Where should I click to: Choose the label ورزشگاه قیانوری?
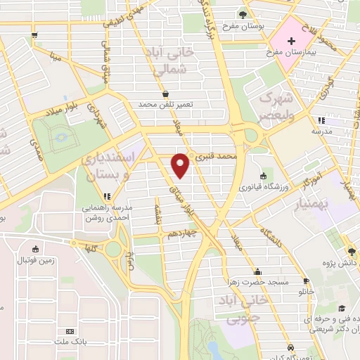pos(264,186)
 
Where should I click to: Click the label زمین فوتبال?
pos(35,259)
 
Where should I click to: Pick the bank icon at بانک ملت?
pos(69,331)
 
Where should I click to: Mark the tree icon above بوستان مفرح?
pos(243,13)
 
